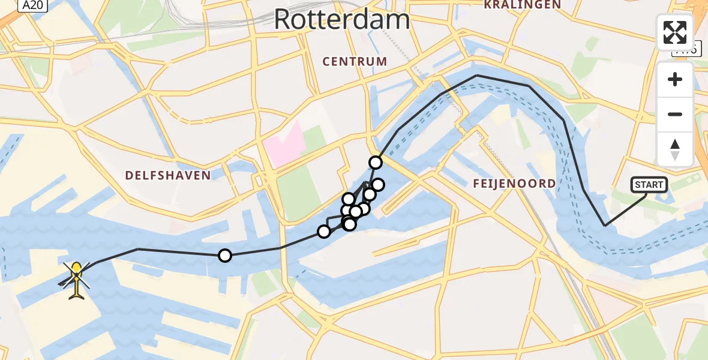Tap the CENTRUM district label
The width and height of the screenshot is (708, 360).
coord(355,61)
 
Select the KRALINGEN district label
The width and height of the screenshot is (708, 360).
coord(523,5)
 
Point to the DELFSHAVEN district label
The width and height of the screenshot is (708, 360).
coord(168,175)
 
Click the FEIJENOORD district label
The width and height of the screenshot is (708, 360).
coord(514,184)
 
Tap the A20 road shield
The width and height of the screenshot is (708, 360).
coord(32,5)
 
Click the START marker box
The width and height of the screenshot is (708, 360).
coord(649,185)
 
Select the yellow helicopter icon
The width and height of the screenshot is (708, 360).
coord(76,280)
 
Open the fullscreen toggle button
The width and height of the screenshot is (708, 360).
coord(674,32)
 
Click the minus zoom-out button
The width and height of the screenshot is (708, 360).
coord(675,114)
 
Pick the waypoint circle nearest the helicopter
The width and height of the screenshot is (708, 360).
coord(225,256)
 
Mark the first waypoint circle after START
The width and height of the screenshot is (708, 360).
coord(376,162)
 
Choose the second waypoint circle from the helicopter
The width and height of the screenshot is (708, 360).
coord(324,231)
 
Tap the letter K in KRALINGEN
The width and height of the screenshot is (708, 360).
coord(488,5)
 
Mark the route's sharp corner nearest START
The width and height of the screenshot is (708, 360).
coord(605,226)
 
